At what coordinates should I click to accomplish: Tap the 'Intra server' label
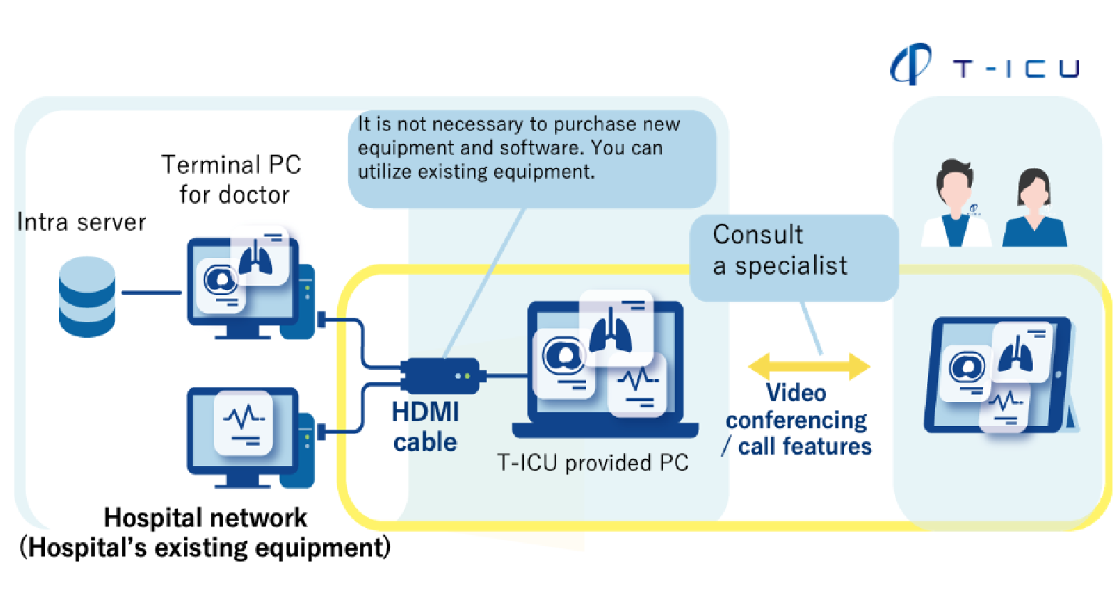coord(81,222)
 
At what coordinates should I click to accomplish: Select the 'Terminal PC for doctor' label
coord(232,180)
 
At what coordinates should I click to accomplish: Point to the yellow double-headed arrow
coord(809,366)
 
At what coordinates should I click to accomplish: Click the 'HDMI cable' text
coord(426,427)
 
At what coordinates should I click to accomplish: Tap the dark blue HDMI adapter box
coord(440,375)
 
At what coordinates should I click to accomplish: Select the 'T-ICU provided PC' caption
coord(592,463)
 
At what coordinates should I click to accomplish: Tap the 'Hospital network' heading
coord(205,518)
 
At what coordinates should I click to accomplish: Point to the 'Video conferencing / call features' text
coord(797,420)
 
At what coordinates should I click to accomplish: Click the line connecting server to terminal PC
coord(152,292)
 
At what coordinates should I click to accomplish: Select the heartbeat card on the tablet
coord(1005,408)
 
